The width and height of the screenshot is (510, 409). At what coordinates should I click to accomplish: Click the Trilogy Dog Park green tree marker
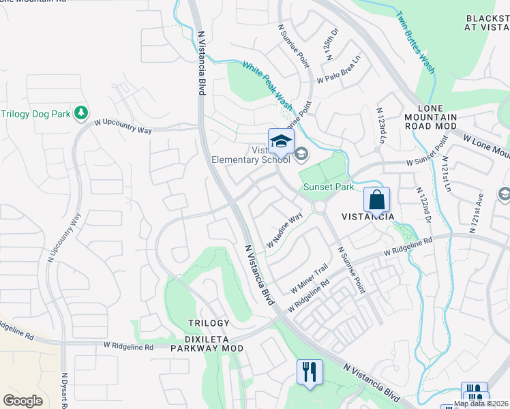coord(81,112)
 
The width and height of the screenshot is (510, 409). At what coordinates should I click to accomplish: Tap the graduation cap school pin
coord(280,142)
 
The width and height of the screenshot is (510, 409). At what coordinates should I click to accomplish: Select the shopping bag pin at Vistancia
coord(376,200)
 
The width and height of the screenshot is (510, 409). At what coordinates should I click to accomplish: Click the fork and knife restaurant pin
coord(310,372)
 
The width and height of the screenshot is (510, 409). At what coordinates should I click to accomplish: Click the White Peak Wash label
coord(268,87)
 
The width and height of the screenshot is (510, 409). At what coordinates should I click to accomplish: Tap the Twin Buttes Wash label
coord(415,42)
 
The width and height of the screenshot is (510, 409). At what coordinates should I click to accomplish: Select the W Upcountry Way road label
coord(123,125)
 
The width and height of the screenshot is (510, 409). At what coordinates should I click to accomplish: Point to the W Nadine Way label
coord(284,231)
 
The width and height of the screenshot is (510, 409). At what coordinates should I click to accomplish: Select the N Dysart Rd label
coord(65,390)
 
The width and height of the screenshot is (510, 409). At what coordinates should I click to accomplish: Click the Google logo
coord(22,401)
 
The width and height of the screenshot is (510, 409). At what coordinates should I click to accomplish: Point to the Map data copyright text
coord(481,404)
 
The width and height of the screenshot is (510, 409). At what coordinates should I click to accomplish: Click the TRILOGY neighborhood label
coord(209,322)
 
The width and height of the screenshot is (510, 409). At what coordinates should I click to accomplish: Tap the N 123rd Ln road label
coord(381,125)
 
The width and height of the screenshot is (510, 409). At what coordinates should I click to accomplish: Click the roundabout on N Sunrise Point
coord(319,207)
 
